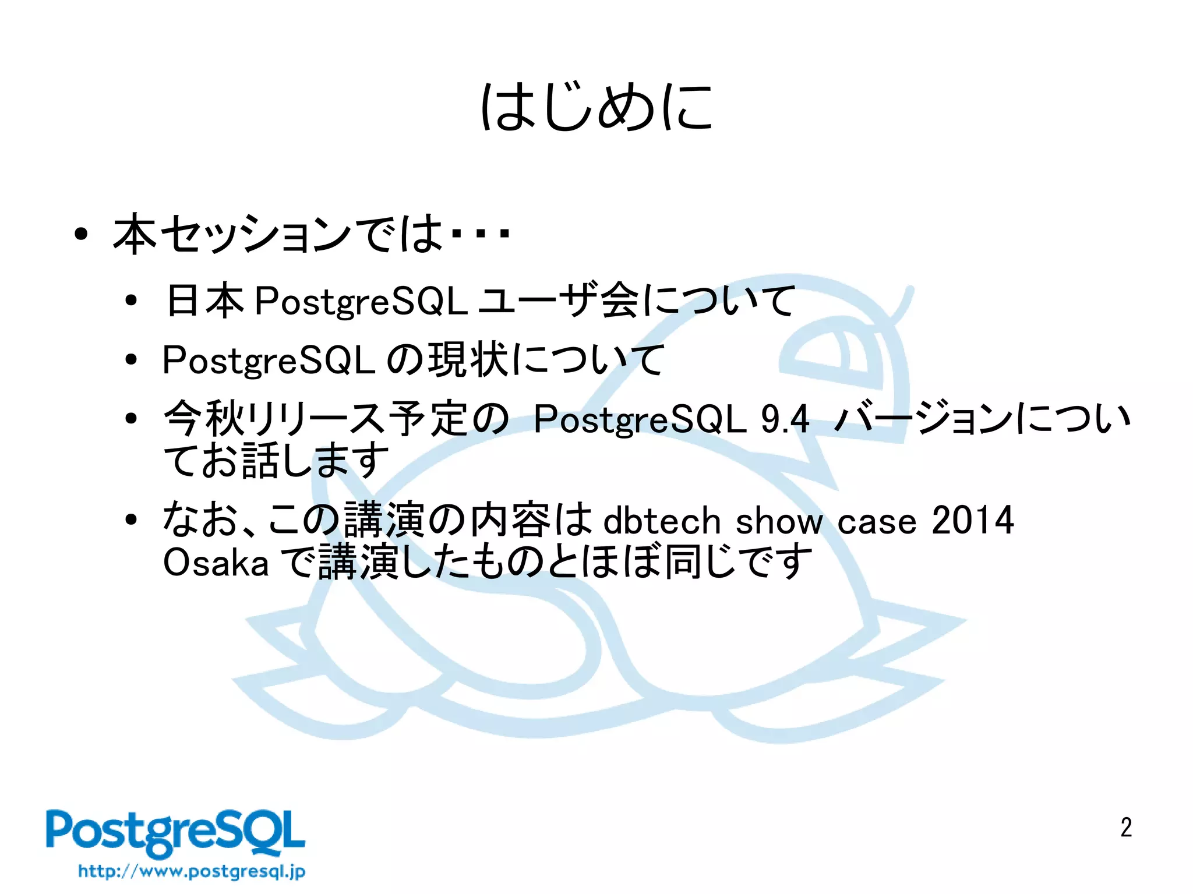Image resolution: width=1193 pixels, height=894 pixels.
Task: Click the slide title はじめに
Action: pyautogui.click(x=596, y=107)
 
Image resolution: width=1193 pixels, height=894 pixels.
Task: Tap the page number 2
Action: pyautogui.click(x=1125, y=828)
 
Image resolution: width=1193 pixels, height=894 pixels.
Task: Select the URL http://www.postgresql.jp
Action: pyautogui.click(x=192, y=871)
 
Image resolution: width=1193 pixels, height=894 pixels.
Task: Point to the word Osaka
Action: pyautogui.click(x=216, y=563)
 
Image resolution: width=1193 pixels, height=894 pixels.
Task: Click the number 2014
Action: pyautogui.click(x=972, y=520)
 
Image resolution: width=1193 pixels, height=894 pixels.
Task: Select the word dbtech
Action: pyautogui.click(x=662, y=520)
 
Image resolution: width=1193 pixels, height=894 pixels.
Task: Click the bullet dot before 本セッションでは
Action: pyautogui.click(x=81, y=235)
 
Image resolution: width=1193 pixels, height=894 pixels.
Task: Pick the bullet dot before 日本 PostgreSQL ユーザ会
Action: pyautogui.click(x=131, y=301)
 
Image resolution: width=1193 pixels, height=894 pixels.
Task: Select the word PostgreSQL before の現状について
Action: pyautogui.click(x=268, y=361)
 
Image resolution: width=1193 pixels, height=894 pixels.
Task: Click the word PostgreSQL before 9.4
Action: pyautogui.click(x=639, y=419)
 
